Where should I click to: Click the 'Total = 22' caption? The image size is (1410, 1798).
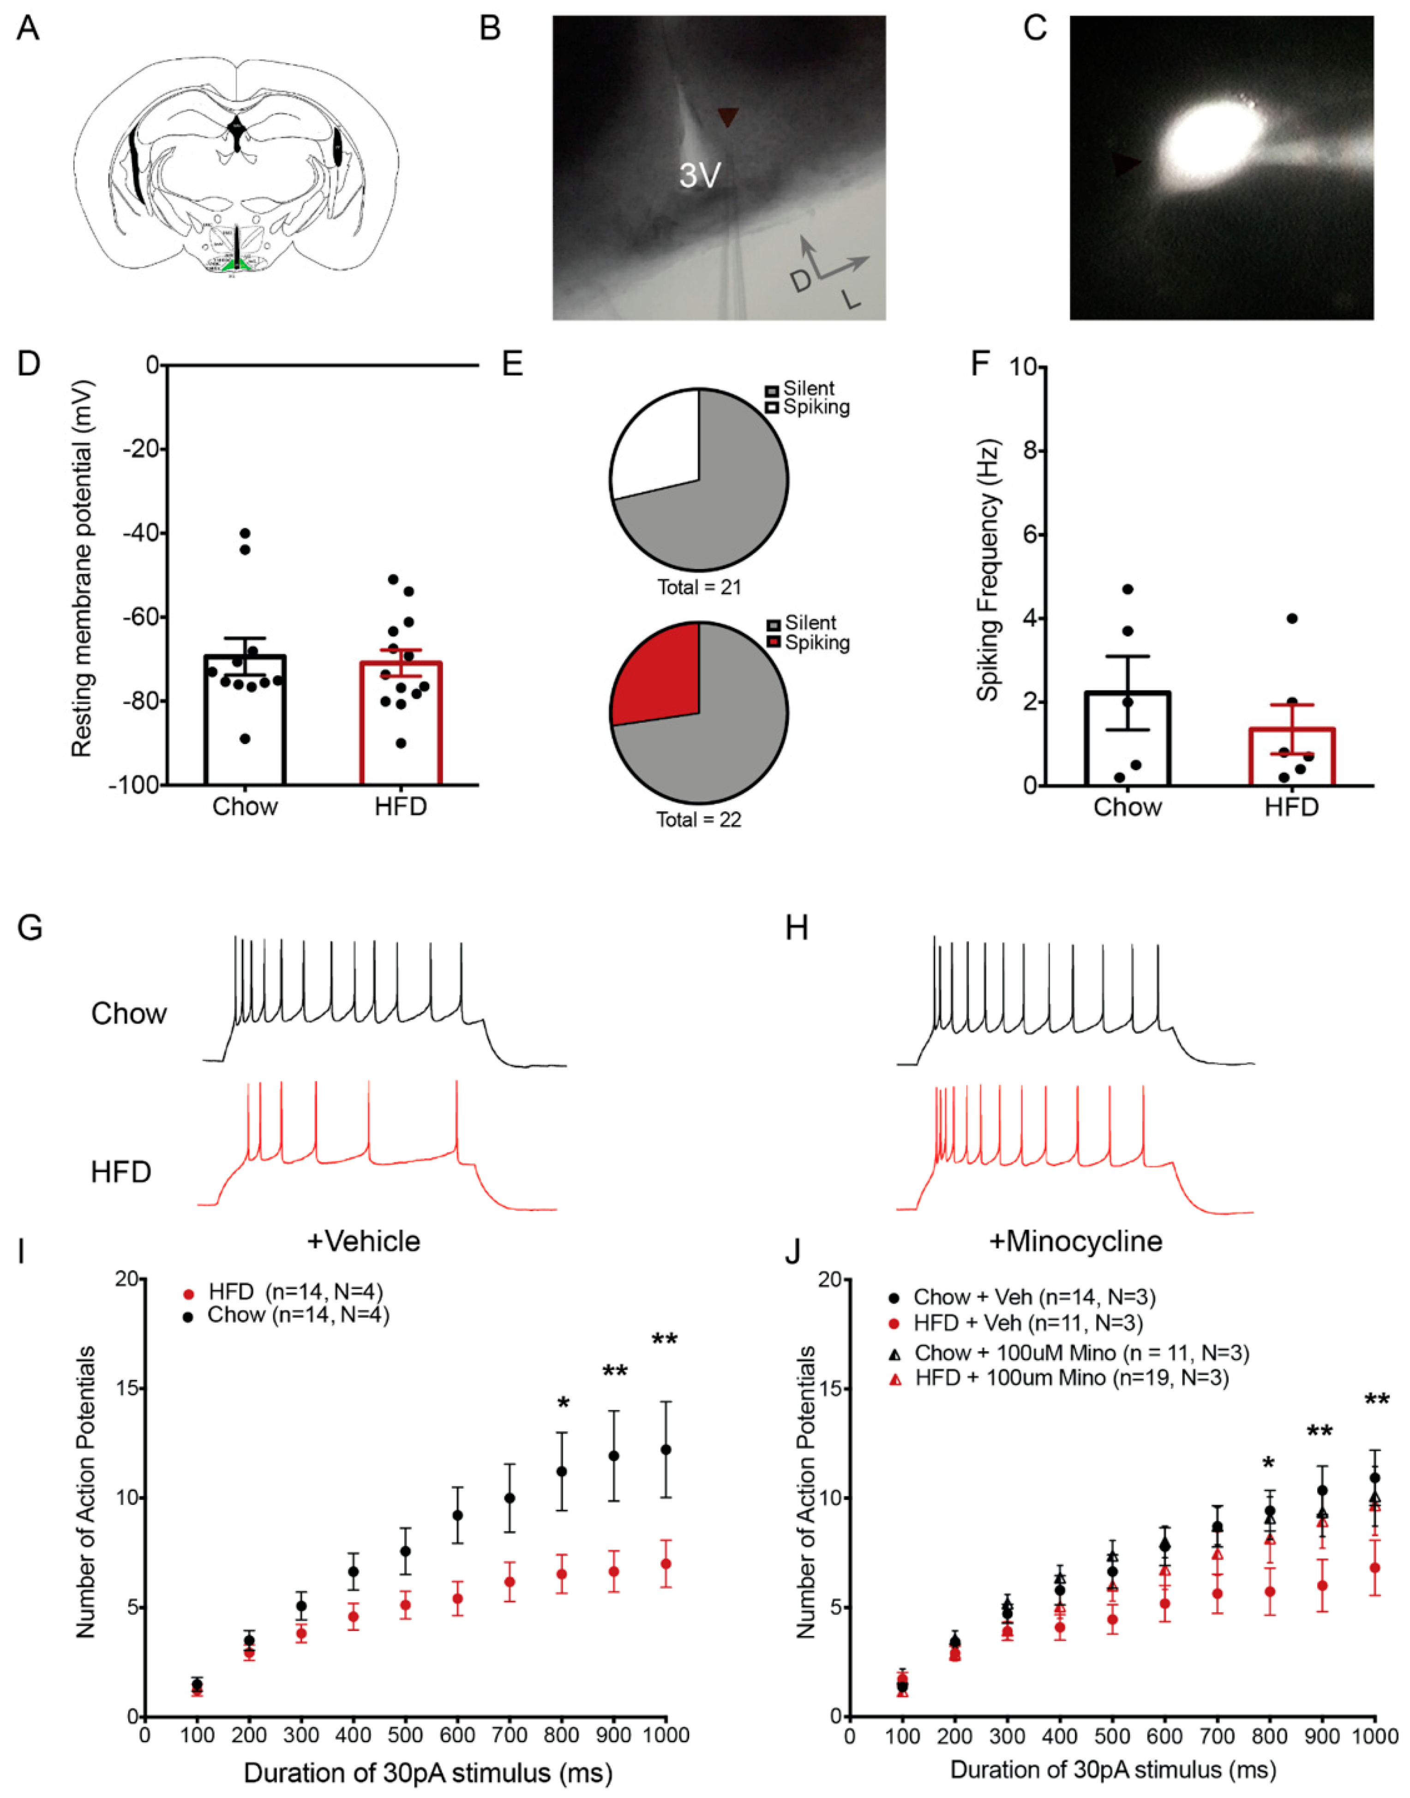pos(699,820)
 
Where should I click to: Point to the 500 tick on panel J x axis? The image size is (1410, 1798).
pos(1113,1733)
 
